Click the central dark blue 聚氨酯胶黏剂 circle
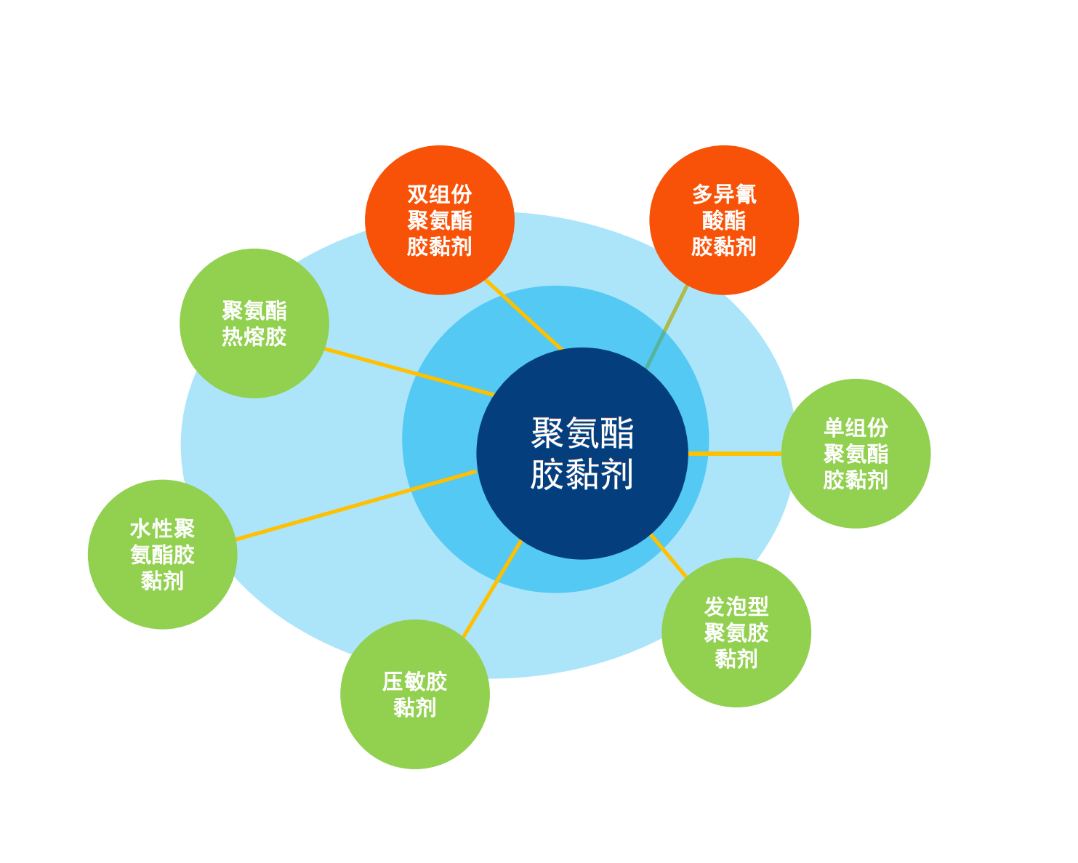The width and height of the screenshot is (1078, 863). [582, 453]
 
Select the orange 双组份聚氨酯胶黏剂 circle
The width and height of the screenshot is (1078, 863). [440, 220]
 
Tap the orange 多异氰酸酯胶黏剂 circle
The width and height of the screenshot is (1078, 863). [724, 220]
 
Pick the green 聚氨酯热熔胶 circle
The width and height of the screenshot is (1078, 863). [254, 324]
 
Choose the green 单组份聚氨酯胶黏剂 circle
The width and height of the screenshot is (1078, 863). [856, 454]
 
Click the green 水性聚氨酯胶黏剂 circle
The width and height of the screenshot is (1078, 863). [162, 554]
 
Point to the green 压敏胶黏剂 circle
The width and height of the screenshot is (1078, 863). [415, 694]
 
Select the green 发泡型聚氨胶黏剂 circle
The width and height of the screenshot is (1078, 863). [736, 633]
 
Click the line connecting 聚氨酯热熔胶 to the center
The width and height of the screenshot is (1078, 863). [410, 372]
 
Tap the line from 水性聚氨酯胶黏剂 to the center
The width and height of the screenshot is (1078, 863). [356, 505]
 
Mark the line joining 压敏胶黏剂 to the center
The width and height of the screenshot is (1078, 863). [492, 588]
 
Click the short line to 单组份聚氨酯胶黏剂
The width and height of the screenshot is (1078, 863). [735, 454]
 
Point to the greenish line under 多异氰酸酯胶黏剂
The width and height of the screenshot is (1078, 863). [667, 326]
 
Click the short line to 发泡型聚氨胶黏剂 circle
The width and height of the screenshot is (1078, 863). [668, 555]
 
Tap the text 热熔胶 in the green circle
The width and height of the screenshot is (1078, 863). [254, 337]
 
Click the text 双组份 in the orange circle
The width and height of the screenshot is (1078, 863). [440, 194]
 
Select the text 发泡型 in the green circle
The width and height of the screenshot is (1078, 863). [736, 606]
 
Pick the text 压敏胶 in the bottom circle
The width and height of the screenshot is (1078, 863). [415, 681]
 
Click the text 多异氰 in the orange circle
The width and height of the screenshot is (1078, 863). [724, 194]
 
